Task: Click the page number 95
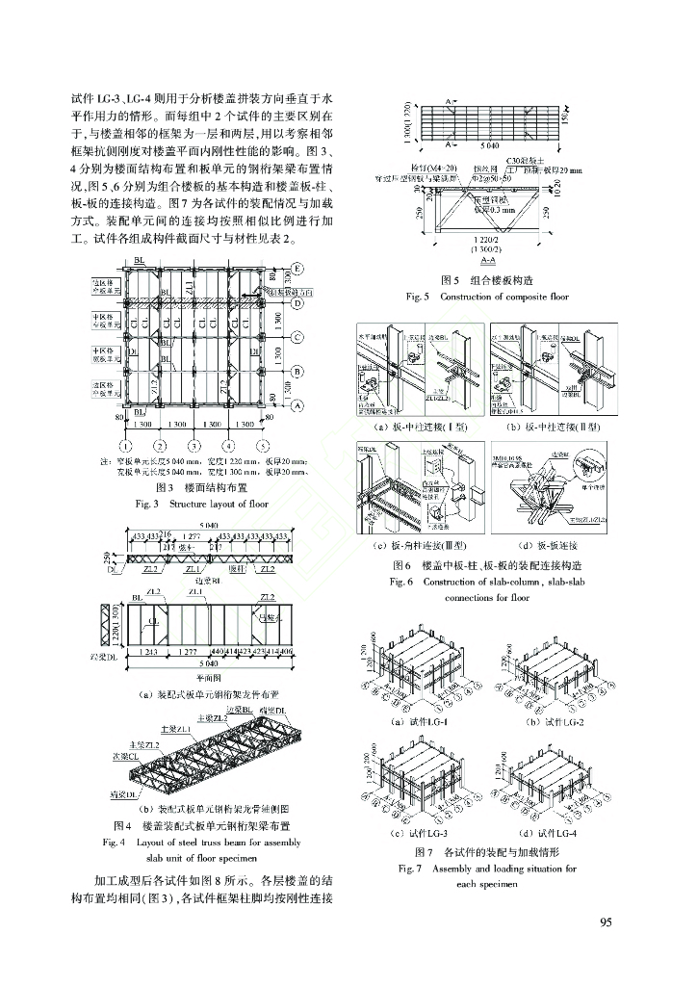tap(606, 922)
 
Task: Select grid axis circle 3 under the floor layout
tap(193, 446)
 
